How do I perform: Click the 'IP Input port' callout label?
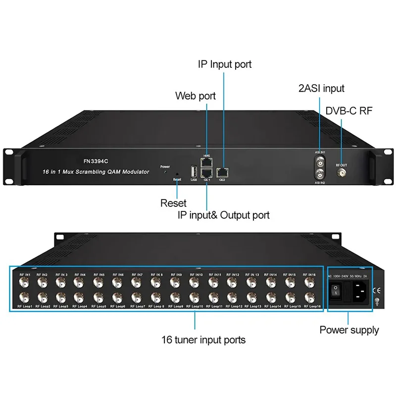click(x=225, y=64)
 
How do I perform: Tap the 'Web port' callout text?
click(x=196, y=96)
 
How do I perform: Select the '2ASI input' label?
click(x=321, y=89)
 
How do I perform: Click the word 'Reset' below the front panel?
click(x=173, y=203)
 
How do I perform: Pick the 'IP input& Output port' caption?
click(x=223, y=215)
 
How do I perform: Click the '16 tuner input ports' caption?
click(x=203, y=340)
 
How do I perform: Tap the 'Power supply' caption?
click(x=349, y=330)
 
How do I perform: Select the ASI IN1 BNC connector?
click(x=320, y=162)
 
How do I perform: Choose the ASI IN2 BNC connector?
click(x=320, y=174)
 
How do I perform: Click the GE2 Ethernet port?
click(x=223, y=172)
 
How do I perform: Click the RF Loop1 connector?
click(x=23, y=298)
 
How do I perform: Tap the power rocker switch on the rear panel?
click(x=336, y=292)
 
